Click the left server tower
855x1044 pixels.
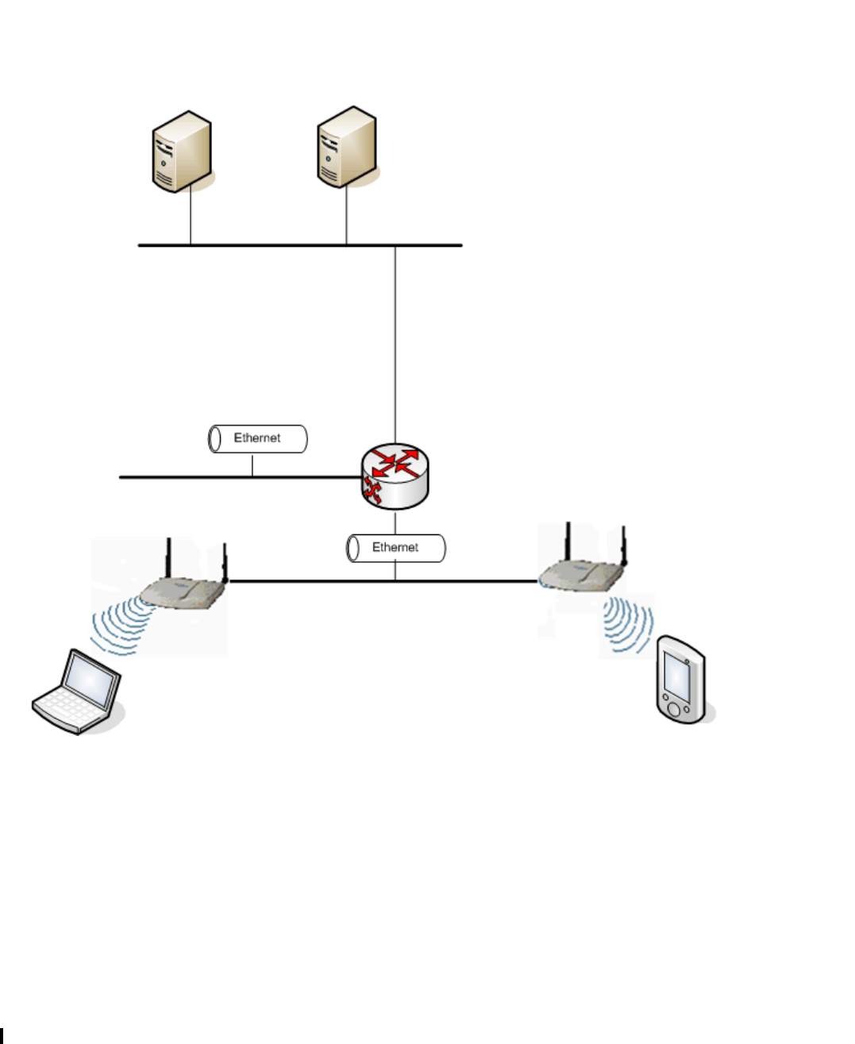pos(182,151)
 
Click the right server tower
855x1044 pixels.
pos(346,148)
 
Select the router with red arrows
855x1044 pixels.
pos(395,476)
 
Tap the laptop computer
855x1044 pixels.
pos(77,692)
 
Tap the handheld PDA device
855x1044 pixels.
pos(680,679)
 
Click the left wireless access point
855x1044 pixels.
pos(183,591)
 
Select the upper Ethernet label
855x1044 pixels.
pos(257,438)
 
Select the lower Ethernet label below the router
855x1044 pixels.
pos(395,548)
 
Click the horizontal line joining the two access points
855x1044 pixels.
pos(318,581)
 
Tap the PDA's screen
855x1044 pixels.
pos(676,674)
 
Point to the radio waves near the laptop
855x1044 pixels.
pos(119,627)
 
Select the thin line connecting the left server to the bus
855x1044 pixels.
pos(191,218)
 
